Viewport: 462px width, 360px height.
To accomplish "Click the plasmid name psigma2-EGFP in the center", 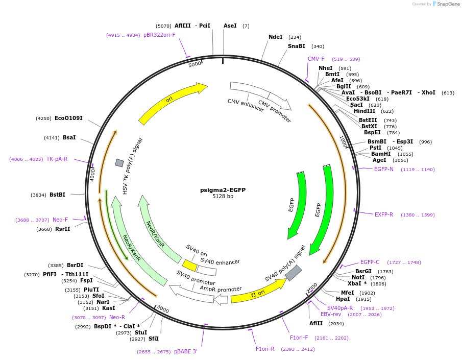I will click(x=223, y=190).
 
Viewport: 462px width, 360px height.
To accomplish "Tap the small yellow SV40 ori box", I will click(x=190, y=266).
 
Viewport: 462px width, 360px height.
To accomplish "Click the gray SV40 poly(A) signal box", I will click(x=293, y=273).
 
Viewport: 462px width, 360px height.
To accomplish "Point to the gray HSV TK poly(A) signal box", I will click(x=119, y=163).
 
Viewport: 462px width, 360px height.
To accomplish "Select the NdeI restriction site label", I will click(x=276, y=37).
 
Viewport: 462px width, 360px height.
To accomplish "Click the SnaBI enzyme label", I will click(x=296, y=46).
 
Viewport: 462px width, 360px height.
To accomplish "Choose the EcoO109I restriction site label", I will click(x=68, y=118).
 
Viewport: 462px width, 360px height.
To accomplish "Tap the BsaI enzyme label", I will click(x=69, y=137).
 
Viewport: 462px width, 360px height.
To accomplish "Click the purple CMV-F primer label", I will click(x=316, y=59).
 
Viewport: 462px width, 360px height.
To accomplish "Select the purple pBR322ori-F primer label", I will click(x=159, y=35).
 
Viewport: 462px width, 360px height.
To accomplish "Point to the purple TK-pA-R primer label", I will click(x=57, y=159).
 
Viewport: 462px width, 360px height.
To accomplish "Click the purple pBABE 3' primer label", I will click(x=185, y=351).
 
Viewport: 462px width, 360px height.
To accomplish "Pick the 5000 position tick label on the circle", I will click(x=195, y=64).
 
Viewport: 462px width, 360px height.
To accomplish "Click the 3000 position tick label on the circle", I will click(x=162, y=309).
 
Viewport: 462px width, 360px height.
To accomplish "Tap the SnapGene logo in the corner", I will click(x=445, y=4).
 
